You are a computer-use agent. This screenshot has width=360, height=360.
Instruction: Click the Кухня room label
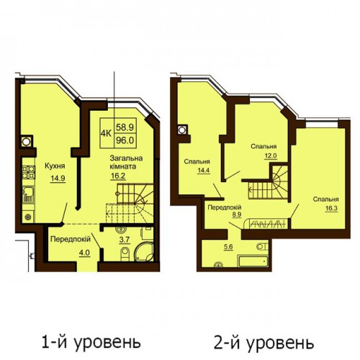tap(55, 166)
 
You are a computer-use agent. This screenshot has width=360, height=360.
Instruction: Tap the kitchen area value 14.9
tap(58, 179)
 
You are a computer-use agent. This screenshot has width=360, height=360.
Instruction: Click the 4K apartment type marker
tap(106, 133)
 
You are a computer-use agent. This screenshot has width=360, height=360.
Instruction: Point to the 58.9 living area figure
tap(125, 127)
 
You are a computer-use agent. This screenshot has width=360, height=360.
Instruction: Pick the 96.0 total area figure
tap(125, 140)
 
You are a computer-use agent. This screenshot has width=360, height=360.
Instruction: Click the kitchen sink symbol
tap(28, 194)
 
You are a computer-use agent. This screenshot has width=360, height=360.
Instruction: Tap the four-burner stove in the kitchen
tap(29, 172)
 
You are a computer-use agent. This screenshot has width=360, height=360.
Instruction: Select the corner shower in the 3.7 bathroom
tap(143, 251)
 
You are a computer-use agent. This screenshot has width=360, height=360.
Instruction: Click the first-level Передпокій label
tap(71, 239)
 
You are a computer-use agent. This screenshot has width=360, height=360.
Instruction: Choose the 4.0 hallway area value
tap(84, 253)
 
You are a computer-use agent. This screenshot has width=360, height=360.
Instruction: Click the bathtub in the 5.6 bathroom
tap(253, 261)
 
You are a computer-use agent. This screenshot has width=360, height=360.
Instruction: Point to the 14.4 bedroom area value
tap(204, 171)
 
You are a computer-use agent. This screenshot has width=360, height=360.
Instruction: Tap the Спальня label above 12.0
tap(264, 146)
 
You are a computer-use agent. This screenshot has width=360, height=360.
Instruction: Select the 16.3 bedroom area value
tap(331, 208)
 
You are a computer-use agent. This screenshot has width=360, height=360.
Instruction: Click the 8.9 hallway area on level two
tap(236, 215)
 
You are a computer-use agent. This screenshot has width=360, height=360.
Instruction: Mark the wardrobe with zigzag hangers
tap(266, 224)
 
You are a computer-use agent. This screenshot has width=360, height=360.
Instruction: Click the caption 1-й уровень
tap(91, 343)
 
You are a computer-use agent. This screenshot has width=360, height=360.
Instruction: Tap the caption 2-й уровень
tap(264, 343)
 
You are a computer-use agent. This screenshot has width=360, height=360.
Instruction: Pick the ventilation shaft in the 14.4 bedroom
tap(182, 130)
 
